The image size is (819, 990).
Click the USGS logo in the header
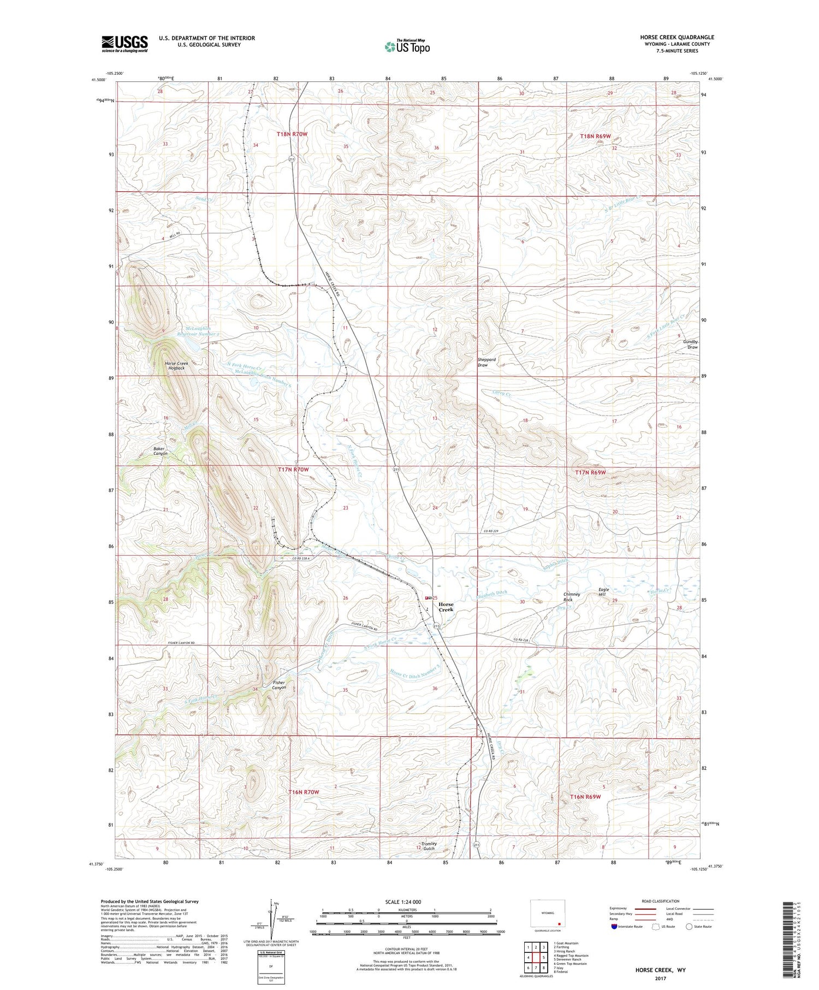[x=124, y=44]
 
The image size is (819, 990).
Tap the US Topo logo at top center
[x=407, y=46]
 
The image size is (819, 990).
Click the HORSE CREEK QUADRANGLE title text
[x=677, y=37]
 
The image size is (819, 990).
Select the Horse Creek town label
[x=446, y=607]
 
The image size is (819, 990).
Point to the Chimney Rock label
[x=572, y=597]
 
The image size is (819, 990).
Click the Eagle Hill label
[x=603, y=592]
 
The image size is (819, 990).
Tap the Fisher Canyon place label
[x=279, y=685]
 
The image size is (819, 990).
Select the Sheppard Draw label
[x=486, y=362]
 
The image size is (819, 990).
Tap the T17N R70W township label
[x=293, y=470]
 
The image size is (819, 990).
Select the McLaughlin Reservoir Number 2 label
[x=203, y=331]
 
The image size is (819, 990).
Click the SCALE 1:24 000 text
[x=402, y=902]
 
